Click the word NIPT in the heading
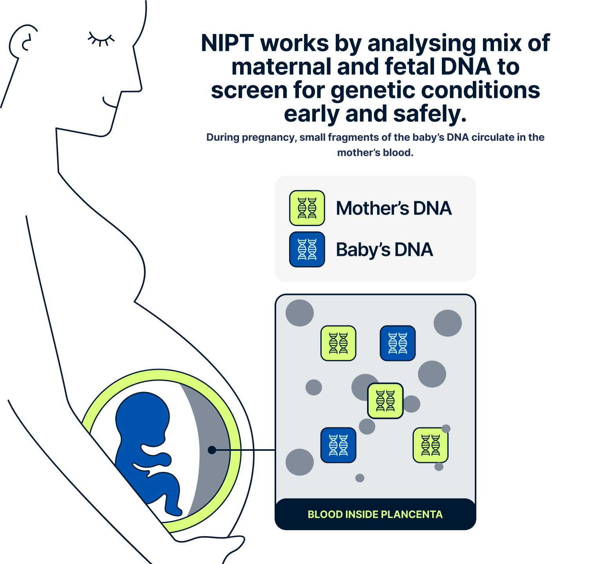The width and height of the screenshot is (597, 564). pyautogui.click(x=227, y=43)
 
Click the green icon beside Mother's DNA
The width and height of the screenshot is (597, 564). pyautogui.click(x=307, y=208)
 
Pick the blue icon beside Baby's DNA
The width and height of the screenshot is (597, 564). pyautogui.click(x=307, y=249)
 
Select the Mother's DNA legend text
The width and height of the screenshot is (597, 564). pyautogui.click(x=394, y=208)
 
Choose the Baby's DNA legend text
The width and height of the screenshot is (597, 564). pyautogui.click(x=384, y=250)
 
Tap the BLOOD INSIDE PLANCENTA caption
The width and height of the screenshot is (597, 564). pyautogui.click(x=375, y=514)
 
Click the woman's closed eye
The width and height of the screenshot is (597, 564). pyautogui.click(x=101, y=39)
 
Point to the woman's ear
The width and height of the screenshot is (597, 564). pyautogui.click(x=23, y=41)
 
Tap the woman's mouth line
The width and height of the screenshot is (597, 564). pyautogui.click(x=109, y=103)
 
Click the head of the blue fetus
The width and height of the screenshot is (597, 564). pyautogui.click(x=143, y=415)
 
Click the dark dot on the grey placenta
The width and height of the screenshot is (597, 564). pyautogui.click(x=212, y=450)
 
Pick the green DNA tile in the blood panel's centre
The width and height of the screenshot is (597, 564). pyautogui.click(x=385, y=401)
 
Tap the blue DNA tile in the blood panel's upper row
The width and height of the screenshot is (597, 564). pyautogui.click(x=398, y=343)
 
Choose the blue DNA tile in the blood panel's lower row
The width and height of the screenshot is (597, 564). pyautogui.click(x=338, y=445)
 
